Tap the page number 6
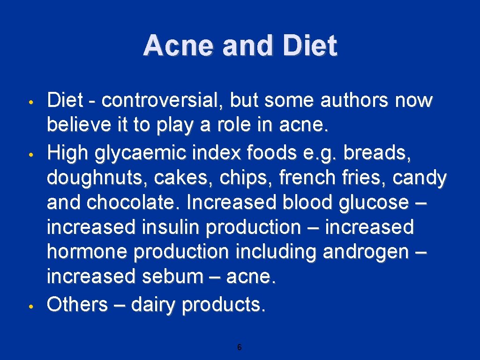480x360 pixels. click(240, 347)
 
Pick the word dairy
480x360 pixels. click(154, 305)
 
